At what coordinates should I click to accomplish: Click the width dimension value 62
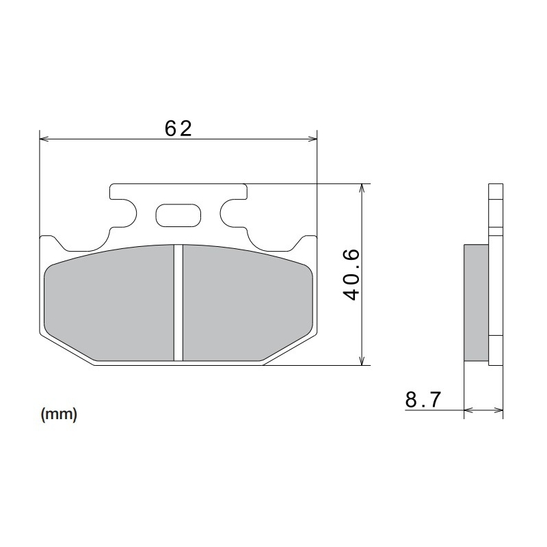tap(178, 127)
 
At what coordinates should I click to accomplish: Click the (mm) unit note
tap(59, 414)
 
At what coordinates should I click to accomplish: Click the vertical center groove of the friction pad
tap(178, 303)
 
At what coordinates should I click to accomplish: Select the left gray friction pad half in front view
tap(109, 303)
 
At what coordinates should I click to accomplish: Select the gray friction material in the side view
tap(477, 302)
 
